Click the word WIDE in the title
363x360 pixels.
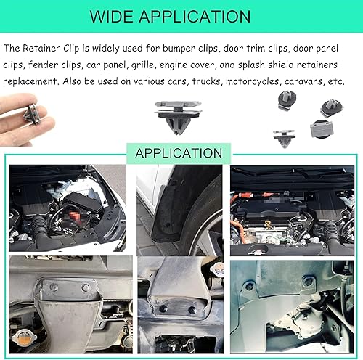[x=130, y=16]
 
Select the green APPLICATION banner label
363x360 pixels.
[x=179, y=153]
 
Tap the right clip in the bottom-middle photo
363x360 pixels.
[x=191, y=310]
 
